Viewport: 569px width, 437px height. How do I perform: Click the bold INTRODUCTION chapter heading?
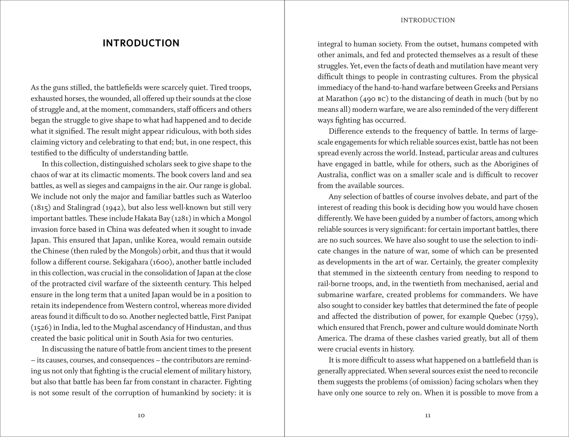point(141,43)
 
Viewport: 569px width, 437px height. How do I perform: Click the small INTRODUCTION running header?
point(428,20)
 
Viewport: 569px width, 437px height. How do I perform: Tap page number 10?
point(141,415)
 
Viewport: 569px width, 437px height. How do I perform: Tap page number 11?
point(428,415)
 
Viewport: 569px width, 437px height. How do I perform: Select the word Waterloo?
point(237,197)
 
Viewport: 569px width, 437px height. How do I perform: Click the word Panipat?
point(239,316)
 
